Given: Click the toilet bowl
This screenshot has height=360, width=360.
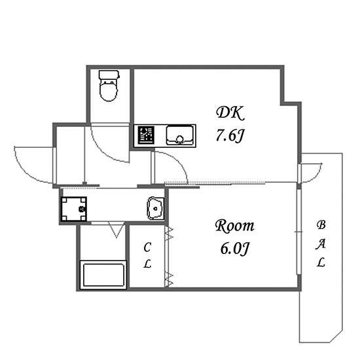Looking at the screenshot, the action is [x=109, y=91].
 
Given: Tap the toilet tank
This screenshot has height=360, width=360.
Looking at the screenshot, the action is [x=109, y=75].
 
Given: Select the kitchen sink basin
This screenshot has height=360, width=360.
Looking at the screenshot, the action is [x=180, y=135].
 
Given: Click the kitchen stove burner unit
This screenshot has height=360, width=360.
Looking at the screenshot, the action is [x=146, y=135].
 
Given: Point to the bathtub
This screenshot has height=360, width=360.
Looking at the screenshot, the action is [x=103, y=275].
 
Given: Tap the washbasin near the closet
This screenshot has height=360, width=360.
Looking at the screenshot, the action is [x=155, y=208].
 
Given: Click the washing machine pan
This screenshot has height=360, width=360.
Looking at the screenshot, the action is [x=74, y=209].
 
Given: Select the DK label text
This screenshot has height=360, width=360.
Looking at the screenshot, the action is [x=230, y=113].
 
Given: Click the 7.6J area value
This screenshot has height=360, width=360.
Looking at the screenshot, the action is [x=230, y=135].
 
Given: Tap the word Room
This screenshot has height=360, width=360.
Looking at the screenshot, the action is [x=234, y=226].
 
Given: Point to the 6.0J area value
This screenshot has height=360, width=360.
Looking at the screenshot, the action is [x=234, y=249].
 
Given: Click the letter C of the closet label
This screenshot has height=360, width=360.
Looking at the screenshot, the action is [x=147, y=247].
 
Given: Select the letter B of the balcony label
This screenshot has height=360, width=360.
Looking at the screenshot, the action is [x=321, y=225].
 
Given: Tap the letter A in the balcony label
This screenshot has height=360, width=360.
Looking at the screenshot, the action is [x=321, y=244].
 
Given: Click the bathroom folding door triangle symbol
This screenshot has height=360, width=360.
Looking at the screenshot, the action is [x=117, y=230].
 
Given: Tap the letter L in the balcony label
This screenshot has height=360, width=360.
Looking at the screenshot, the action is [x=321, y=262].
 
